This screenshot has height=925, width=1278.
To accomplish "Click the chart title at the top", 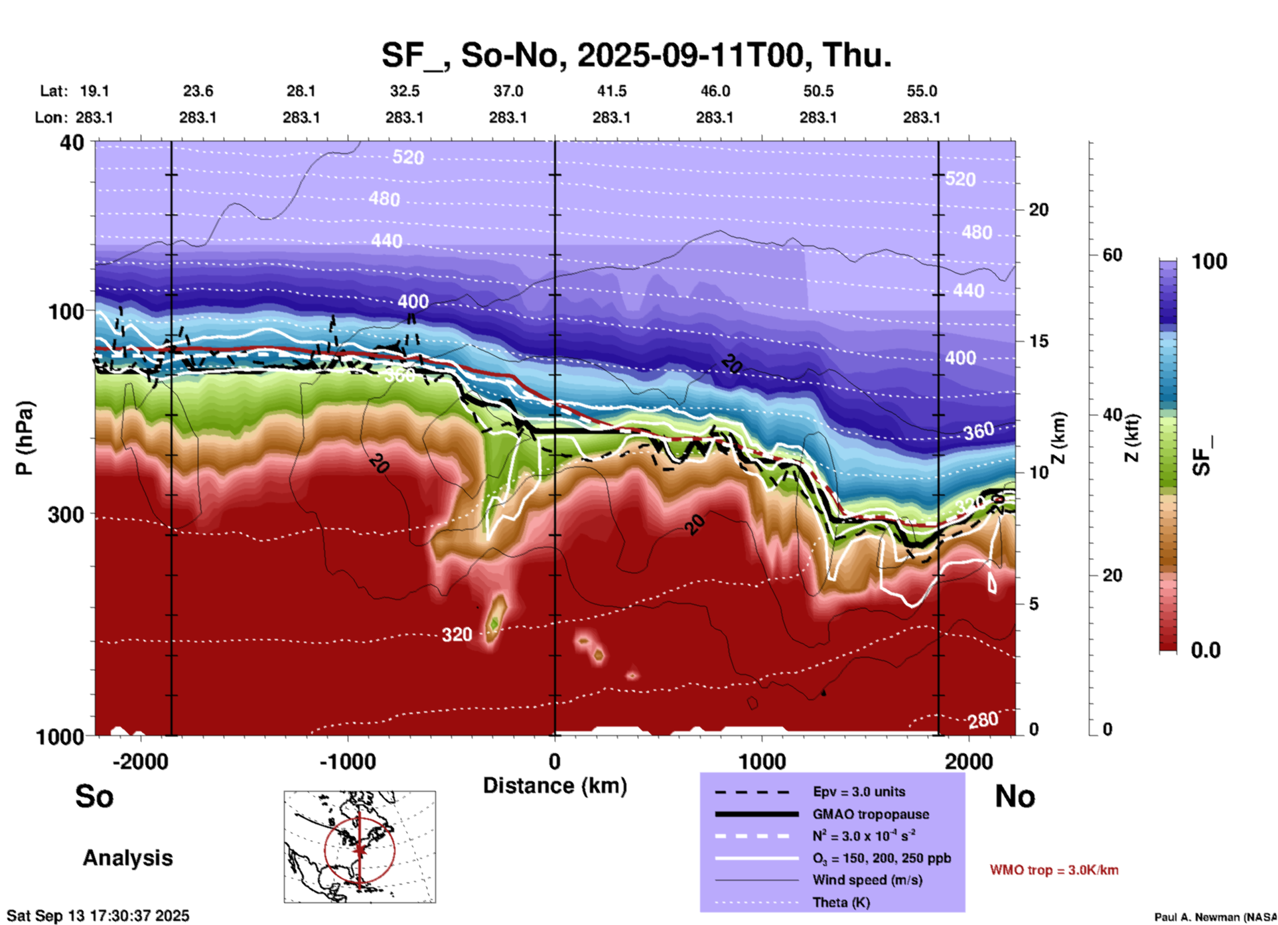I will (x=636, y=55).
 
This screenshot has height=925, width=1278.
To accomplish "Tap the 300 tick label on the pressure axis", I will (x=66, y=515).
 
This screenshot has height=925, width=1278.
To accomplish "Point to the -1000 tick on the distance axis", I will (x=348, y=761).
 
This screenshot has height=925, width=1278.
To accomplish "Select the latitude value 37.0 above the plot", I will (x=508, y=91).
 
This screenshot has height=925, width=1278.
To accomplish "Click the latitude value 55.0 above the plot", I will (x=921, y=91).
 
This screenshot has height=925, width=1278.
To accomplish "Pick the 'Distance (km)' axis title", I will (x=555, y=786).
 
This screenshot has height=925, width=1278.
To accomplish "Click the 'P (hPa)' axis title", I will (x=25, y=438).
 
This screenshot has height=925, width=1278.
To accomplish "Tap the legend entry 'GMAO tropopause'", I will (x=870, y=814).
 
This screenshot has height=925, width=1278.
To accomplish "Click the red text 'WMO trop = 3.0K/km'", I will (x=1054, y=870).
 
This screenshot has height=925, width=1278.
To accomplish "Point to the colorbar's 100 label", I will (x=1209, y=261).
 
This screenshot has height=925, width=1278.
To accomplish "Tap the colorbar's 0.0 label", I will (x=1206, y=650).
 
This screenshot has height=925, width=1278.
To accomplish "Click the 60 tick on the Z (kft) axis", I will (x=1112, y=255).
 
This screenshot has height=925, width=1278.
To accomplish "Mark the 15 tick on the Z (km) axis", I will (x=1038, y=341).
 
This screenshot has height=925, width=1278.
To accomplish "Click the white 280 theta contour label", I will (x=983, y=720).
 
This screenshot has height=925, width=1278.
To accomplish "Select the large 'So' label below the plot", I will (x=94, y=796).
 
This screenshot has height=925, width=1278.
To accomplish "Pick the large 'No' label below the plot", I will (x=1015, y=796).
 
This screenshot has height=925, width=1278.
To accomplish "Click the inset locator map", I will (x=360, y=846).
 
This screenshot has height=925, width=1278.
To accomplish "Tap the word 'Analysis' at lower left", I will (x=127, y=858).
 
